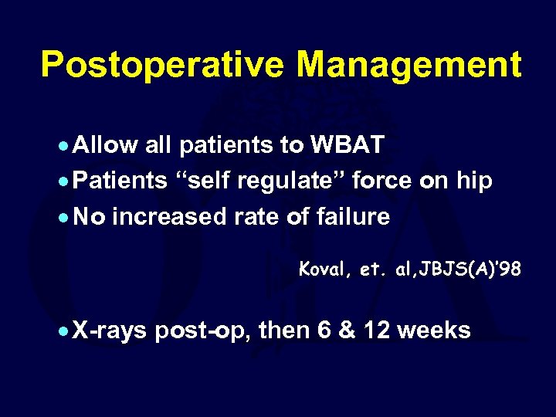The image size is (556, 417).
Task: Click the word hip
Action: (473, 181)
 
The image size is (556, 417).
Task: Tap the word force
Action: (393, 181)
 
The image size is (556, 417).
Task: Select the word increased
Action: (171, 218)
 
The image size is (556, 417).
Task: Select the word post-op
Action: (203, 331)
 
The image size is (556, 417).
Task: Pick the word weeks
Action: (436, 331)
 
